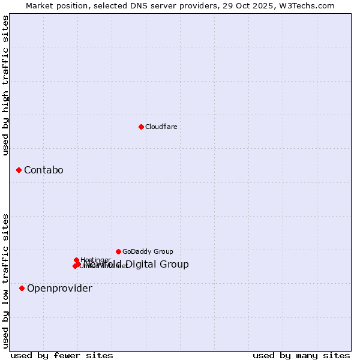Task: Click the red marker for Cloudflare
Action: coord(141,127)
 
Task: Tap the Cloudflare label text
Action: coord(161,127)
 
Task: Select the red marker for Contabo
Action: coord(19,170)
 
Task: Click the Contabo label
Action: coord(43,170)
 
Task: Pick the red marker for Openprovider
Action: coord(22,289)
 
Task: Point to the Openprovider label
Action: coord(59,289)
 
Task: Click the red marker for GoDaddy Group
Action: coord(118,251)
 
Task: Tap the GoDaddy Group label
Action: coord(148,252)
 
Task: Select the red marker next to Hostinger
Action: coord(76,260)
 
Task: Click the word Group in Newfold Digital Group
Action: coord(175,265)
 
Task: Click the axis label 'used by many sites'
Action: coord(301,356)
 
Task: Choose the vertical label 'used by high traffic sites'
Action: coord(5,86)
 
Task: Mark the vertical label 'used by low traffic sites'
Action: coord(5,281)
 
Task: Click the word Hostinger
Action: coord(95,260)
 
